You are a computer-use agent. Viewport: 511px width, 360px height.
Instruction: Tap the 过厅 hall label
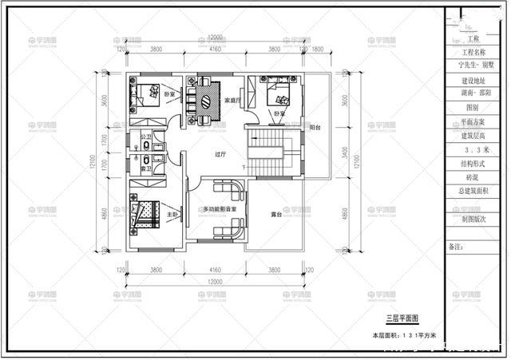tap(220, 154)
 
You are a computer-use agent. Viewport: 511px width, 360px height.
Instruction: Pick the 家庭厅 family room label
tap(232, 101)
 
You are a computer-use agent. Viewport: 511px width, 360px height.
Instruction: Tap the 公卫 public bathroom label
tap(146, 137)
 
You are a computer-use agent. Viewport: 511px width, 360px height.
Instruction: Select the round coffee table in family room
tap(205, 101)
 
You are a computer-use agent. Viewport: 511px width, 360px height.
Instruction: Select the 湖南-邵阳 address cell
tap(476, 93)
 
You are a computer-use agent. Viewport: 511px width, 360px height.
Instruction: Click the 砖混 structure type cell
tap(476, 176)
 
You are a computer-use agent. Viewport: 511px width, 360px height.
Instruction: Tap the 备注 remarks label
tap(456, 247)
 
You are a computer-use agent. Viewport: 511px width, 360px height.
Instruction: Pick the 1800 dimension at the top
tap(316, 49)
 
